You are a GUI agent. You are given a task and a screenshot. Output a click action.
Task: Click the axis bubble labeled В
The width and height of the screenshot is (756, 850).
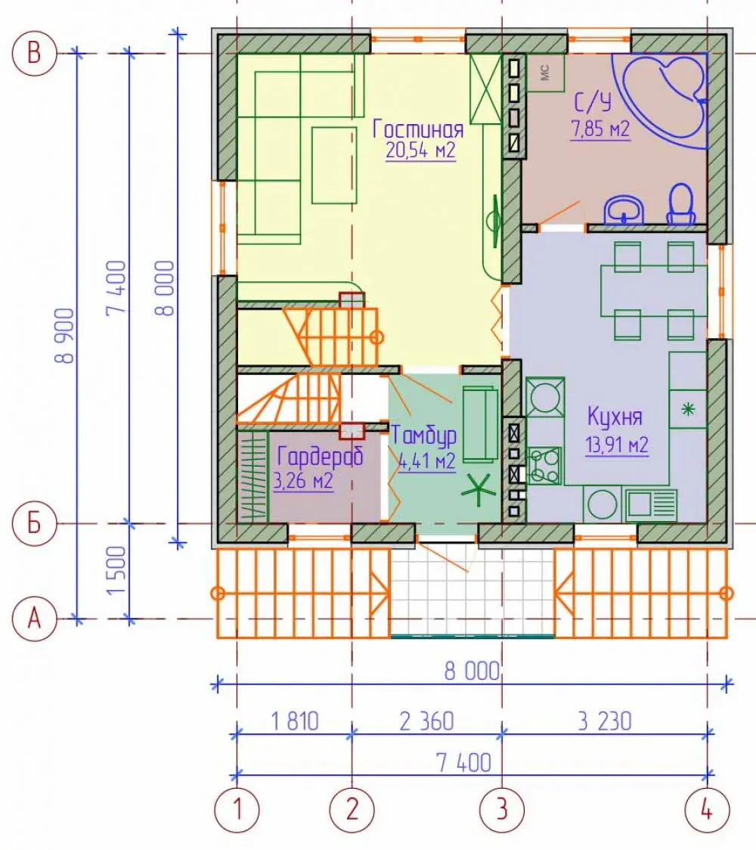[x=34, y=53]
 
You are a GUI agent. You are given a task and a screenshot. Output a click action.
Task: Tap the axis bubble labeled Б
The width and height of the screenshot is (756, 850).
[x=34, y=523]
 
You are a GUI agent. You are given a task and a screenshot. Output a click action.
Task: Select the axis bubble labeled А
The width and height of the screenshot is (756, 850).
[x=34, y=618]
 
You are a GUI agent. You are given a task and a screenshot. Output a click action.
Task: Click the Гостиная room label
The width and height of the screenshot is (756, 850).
[x=418, y=129]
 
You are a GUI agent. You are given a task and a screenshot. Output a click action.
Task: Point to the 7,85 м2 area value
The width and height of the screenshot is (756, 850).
[x=600, y=129]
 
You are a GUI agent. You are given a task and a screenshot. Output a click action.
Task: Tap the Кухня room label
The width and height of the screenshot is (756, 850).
[x=615, y=417]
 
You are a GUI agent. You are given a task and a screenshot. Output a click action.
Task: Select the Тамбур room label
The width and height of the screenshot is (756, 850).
[x=424, y=436]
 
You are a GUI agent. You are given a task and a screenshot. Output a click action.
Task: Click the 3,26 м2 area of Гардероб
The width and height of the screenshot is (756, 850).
[x=303, y=481]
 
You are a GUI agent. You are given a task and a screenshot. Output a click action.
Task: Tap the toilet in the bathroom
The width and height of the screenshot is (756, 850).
[x=681, y=204]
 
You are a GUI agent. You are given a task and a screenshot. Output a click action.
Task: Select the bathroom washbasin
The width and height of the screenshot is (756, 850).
[x=624, y=209]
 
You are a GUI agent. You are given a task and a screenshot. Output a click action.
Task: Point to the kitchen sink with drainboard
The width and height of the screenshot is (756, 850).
[x=651, y=504]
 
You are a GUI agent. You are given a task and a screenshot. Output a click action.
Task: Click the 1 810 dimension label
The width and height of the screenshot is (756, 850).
[x=295, y=721]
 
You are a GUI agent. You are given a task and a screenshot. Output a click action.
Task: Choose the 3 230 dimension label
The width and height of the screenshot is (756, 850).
[x=604, y=721]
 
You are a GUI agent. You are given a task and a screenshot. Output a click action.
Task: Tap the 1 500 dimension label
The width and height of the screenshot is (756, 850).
[x=116, y=570]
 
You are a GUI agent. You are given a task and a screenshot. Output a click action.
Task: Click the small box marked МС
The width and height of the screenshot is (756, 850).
[x=545, y=73]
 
